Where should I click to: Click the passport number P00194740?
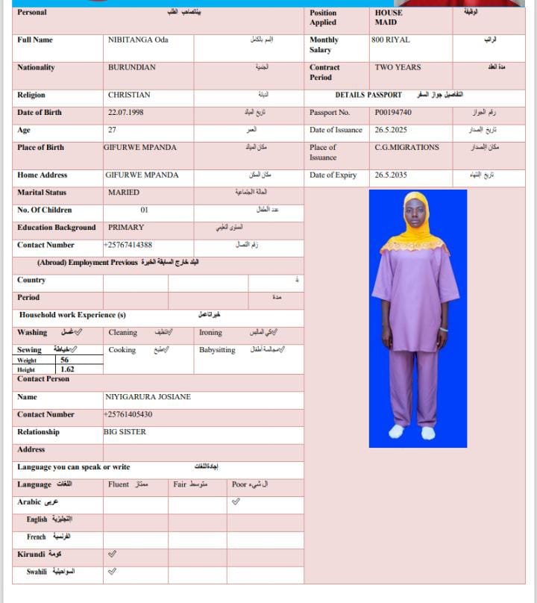tap(393, 113)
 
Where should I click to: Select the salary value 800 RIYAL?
tap(390, 40)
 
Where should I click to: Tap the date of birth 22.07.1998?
tap(127, 113)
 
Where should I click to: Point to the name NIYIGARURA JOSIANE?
tap(148, 397)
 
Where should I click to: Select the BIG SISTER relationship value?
tap(125, 432)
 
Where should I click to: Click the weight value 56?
tap(65, 360)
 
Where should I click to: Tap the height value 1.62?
tap(67, 369)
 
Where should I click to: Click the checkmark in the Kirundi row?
tap(112, 554)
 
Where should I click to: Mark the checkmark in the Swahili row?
tap(112, 572)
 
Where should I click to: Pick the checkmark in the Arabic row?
tap(236, 502)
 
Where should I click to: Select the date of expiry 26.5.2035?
tap(392, 175)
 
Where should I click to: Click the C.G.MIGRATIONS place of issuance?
tap(406, 148)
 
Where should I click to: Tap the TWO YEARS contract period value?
tap(398, 67)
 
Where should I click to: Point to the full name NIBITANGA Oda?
tap(138, 40)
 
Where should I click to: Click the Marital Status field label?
tap(42, 193)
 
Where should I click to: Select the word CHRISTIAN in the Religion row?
tap(129, 95)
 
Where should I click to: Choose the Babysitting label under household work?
tap(217, 350)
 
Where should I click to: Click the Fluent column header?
tap(119, 484)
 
